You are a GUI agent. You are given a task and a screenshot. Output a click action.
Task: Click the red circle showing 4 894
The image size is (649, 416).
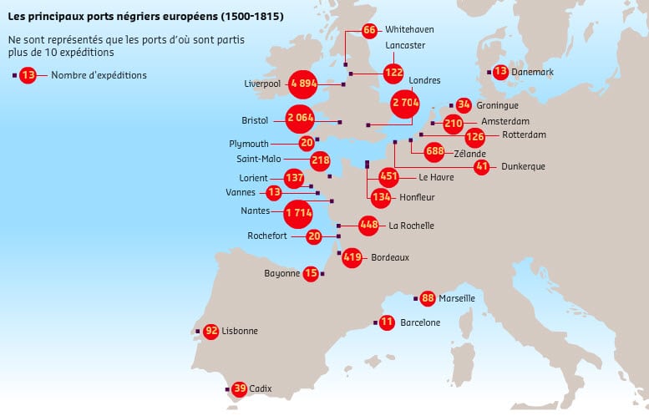tap(304, 84)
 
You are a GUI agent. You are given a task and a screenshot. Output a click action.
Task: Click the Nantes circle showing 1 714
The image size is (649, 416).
tap(298, 213)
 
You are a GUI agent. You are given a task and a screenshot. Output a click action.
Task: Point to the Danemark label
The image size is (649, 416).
tap(534, 72)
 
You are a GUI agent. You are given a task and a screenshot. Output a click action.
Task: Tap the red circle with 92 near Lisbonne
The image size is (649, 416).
tap(210, 331)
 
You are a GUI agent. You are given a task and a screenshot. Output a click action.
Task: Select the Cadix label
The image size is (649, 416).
tap(261, 388)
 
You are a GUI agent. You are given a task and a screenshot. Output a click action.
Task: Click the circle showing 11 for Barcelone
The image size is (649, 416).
tap(386, 322)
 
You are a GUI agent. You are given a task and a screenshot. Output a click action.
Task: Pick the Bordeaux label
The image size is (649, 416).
tap(389, 258)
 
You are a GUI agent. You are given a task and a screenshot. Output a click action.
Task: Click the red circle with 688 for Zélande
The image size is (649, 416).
tap(434, 151)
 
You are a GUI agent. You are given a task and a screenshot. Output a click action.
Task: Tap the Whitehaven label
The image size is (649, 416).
tap(409, 29)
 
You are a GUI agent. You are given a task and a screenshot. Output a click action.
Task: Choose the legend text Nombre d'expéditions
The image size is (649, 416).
tap(99, 75)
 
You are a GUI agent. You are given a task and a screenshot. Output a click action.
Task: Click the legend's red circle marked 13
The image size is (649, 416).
tap(29, 75)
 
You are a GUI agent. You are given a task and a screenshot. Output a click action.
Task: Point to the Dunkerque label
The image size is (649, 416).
tap(523, 166)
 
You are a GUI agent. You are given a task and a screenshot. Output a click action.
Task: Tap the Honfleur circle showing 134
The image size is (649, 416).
tap(381, 197)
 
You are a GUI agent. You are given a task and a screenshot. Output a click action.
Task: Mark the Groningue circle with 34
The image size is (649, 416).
tap(464, 105)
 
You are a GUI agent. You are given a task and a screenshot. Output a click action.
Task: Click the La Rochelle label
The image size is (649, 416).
tap(411, 226)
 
